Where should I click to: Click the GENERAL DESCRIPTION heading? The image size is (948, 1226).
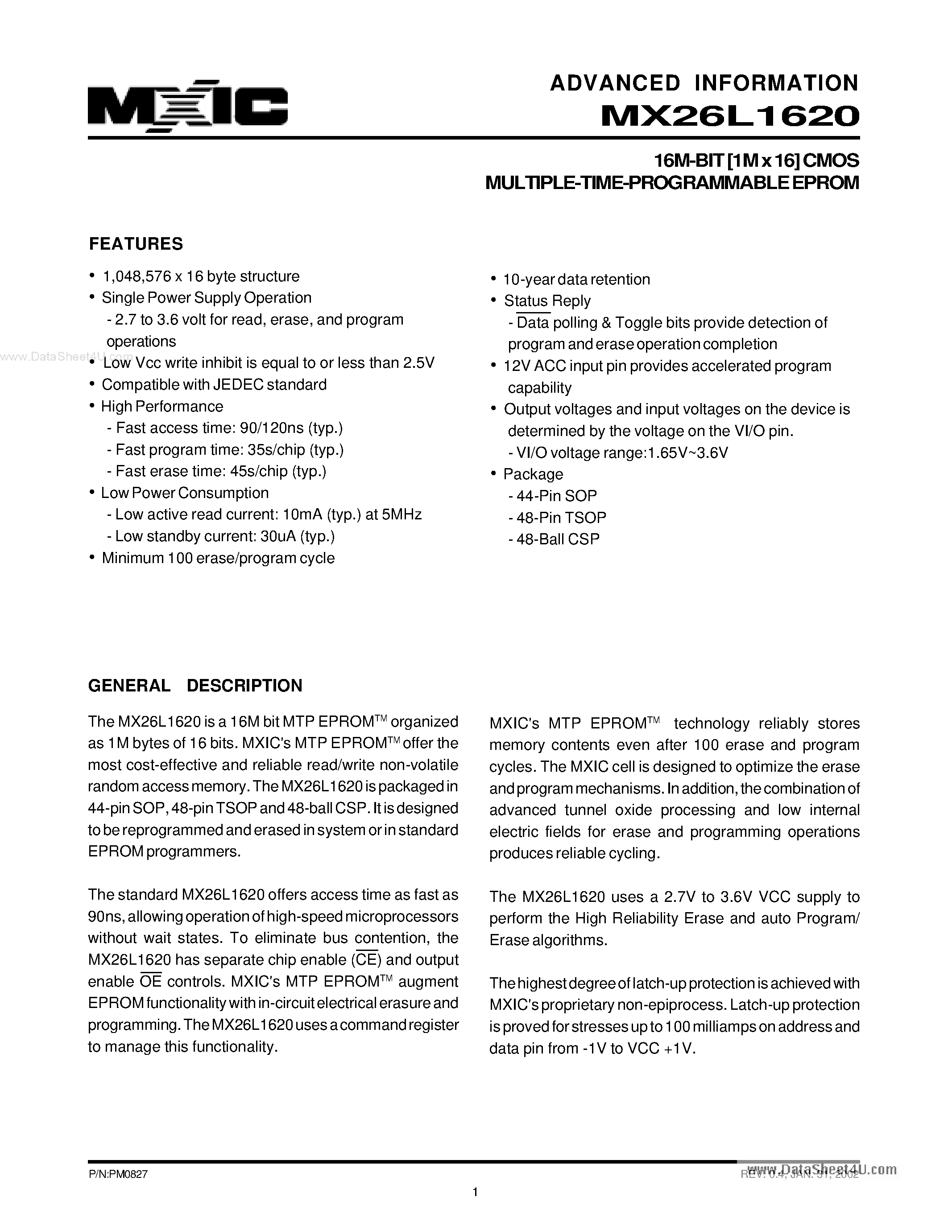click(195, 685)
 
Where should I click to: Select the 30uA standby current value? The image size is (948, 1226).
click(278, 537)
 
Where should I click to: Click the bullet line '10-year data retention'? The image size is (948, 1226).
click(576, 280)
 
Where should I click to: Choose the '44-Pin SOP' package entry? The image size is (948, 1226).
click(556, 496)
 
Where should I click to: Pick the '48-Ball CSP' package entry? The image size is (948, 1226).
click(558, 539)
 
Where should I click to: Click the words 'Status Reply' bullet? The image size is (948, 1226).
click(547, 301)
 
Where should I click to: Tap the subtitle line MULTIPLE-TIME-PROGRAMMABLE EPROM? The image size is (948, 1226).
click(672, 183)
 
